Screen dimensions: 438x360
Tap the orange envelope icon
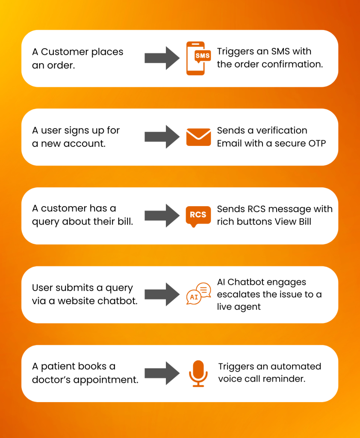[198, 137]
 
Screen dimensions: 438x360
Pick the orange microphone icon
[198, 373]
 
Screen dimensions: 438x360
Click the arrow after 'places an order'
[162, 58]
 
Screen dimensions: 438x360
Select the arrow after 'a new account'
[162, 137]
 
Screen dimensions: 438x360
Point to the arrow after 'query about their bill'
[162, 216]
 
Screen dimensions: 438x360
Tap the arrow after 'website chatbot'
[162, 294]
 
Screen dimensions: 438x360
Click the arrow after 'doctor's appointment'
[162, 373]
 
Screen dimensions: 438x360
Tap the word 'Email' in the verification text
[229, 143]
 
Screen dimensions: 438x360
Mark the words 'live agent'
[239, 307]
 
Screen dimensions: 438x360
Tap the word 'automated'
[295, 367]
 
